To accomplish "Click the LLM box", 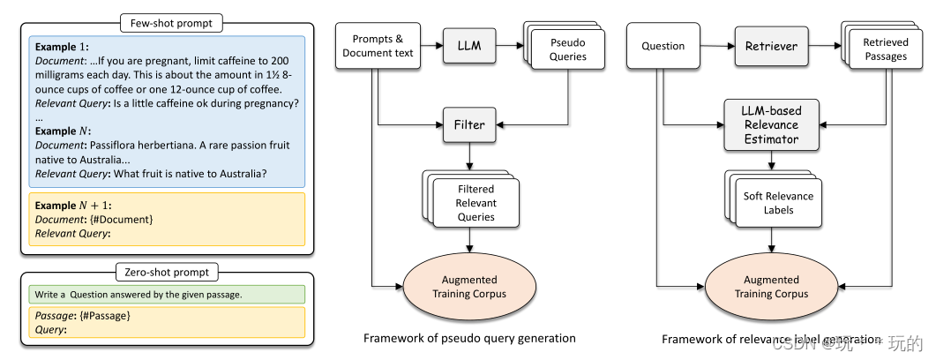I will (x=469, y=44).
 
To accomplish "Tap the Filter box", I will (x=469, y=124).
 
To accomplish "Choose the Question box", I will (x=663, y=46).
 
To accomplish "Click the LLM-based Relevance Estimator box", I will (x=772, y=124).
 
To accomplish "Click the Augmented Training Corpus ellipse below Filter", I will (x=470, y=287).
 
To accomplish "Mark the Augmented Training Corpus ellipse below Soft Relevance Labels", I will (x=771, y=287).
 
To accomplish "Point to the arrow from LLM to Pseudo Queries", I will (x=513, y=44).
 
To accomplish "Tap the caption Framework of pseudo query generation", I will (x=469, y=338).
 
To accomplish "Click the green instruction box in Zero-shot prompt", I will (x=166, y=295).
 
